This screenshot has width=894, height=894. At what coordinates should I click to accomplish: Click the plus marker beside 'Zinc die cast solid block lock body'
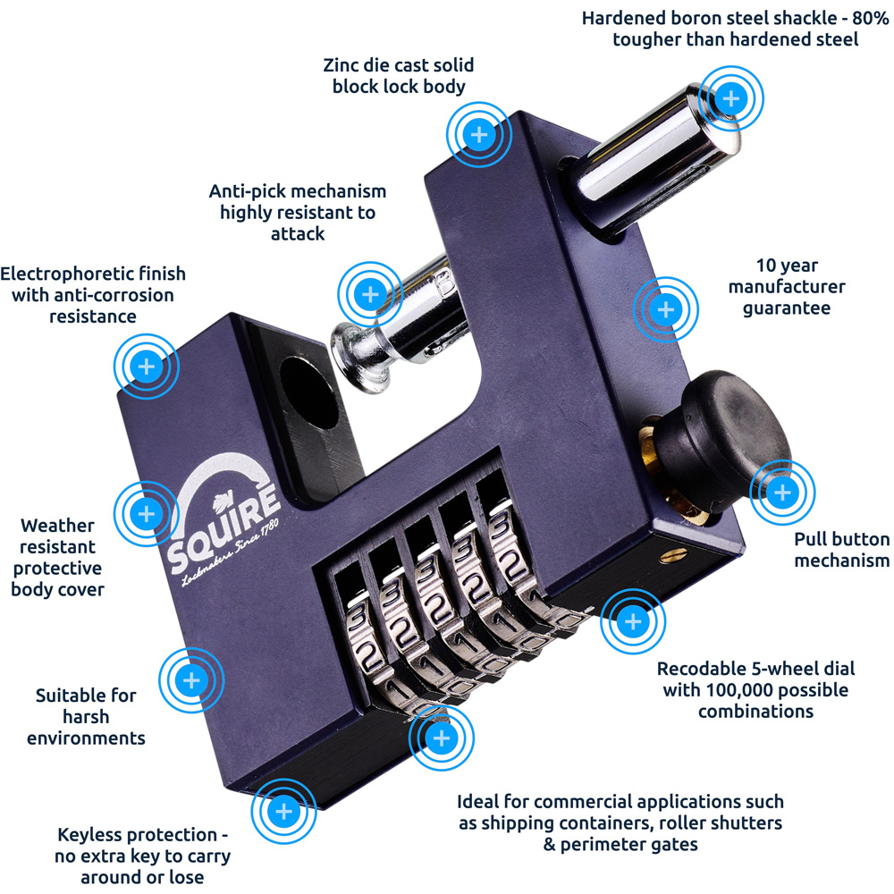(479, 135)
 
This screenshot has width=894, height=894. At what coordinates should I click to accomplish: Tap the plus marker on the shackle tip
(731, 97)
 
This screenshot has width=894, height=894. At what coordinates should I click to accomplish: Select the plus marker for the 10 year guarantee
(665, 310)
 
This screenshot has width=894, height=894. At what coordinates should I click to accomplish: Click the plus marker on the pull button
(781, 492)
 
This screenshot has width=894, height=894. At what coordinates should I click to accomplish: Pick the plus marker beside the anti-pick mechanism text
(370, 294)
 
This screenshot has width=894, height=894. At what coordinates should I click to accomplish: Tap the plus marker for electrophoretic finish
(147, 367)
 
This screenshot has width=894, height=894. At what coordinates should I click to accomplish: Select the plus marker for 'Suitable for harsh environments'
(191, 680)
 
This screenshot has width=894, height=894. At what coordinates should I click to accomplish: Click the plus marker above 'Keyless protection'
(284, 811)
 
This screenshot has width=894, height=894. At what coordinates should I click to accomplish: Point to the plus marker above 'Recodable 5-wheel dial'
(632, 621)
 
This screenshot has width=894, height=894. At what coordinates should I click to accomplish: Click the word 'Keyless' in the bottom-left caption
(92, 835)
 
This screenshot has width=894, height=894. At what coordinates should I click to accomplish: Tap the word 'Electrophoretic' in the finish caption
(63, 273)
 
